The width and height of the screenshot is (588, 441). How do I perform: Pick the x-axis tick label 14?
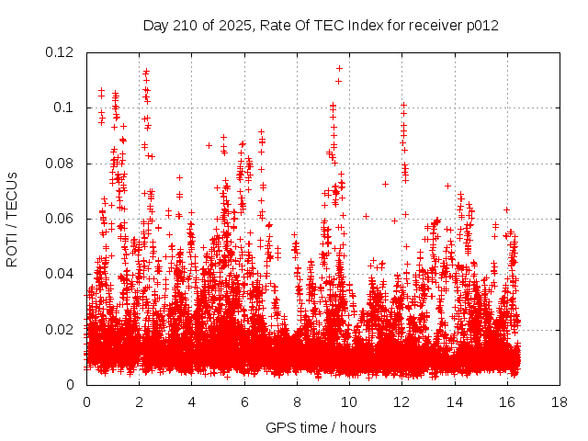click(454, 402)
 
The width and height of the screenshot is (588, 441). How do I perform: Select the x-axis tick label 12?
click(401, 402)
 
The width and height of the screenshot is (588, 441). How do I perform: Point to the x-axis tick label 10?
click(349, 402)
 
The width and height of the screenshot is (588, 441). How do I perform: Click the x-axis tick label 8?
click(297, 402)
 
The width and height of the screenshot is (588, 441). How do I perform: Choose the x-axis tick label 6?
click(244, 402)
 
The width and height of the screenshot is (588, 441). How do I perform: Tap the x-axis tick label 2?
click(139, 402)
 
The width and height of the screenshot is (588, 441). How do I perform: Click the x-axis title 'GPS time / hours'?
click(322, 428)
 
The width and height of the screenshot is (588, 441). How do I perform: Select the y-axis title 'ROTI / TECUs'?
click(12, 219)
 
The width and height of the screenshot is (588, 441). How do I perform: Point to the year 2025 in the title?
click(247, 26)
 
